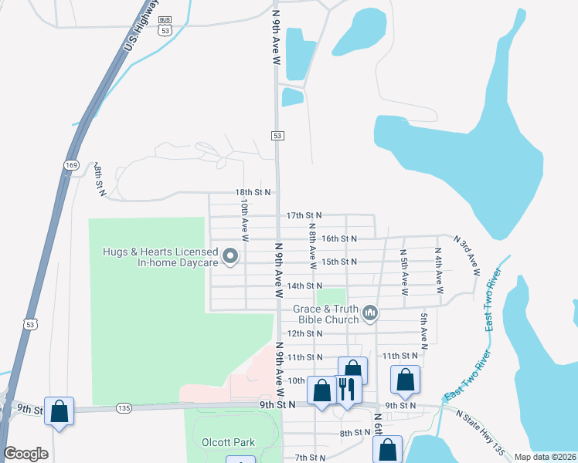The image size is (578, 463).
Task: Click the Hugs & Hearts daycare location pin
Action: pyautogui.click(x=229, y=255)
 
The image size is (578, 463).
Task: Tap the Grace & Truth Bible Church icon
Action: pyautogui.click(x=370, y=313)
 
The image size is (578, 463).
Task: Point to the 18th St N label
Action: pyautogui.click(x=253, y=192)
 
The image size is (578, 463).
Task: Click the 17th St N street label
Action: pyautogui.click(x=303, y=215)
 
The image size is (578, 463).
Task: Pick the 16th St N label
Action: pyautogui.click(x=338, y=238)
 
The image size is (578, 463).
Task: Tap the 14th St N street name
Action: pyautogui.click(x=304, y=286)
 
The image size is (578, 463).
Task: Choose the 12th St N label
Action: pyautogui.click(x=304, y=333)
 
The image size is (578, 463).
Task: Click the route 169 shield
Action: pyautogui.click(x=72, y=164)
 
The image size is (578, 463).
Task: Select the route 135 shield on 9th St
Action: pyautogui.click(x=124, y=407)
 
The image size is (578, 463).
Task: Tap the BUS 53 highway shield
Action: pyautogui.click(x=164, y=26)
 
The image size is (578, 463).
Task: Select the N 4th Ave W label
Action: pyautogui.click(x=439, y=271)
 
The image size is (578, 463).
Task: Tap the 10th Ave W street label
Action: pyautogui.click(x=244, y=221)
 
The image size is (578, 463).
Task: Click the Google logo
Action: pyautogui.click(x=25, y=454)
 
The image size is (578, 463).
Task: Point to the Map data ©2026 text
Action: pyautogui.click(x=544, y=457)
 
